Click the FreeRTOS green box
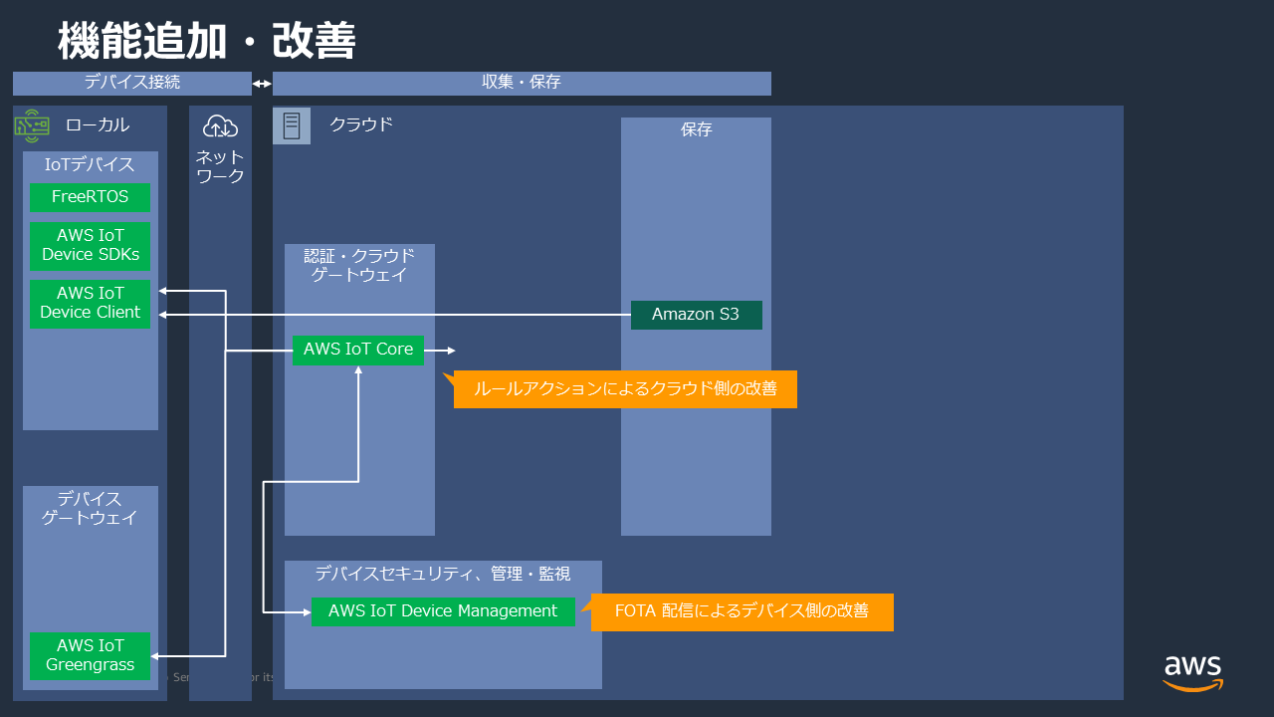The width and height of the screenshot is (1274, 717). click(x=90, y=197)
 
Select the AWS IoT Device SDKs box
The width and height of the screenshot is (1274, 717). click(x=90, y=245)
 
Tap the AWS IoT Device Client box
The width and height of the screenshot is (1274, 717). click(x=90, y=303)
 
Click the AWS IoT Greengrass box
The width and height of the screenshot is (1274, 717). click(x=90, y=655)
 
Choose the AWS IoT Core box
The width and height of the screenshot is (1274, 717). click(x=358, y=350)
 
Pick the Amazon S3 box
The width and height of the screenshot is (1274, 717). click(x=696, y=315)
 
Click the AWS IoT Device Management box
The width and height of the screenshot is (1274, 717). click(x=443, y=611)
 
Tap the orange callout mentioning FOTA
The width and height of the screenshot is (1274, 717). click(x=742, y=611)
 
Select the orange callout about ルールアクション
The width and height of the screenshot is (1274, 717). click(x=625, y=389)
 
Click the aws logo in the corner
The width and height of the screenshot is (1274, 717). click(x=1192, y=672)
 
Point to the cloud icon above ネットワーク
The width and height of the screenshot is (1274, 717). click(x=220, y=126)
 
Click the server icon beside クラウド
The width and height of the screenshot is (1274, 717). click(x=292, y=125)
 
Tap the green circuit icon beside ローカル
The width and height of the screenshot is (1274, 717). click(x=32, y=125)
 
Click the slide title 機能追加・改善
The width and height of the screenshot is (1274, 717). click(x=207, y=42)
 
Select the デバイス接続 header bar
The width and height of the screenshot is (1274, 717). click(x=131, y=83)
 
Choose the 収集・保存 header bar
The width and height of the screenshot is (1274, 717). click(x=522, y=83)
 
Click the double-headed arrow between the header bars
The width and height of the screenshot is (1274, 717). click(x=262, y=84)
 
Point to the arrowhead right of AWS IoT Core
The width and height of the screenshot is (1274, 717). click(x=451, y=351)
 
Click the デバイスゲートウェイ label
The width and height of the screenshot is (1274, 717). click(x=90, y=508)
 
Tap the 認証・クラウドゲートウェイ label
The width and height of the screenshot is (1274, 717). click(x=359, y=265)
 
